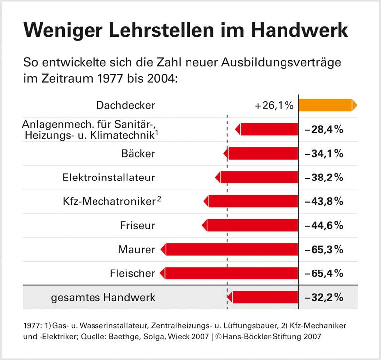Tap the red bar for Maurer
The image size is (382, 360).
pos(231,249)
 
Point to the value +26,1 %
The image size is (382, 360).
pos(273,105)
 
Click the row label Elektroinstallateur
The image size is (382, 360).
pos(109,178)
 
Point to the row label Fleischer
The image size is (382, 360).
pos(132,273)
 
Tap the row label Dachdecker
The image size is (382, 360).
pos(126,105)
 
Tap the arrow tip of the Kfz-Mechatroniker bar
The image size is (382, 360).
pos(206,201)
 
